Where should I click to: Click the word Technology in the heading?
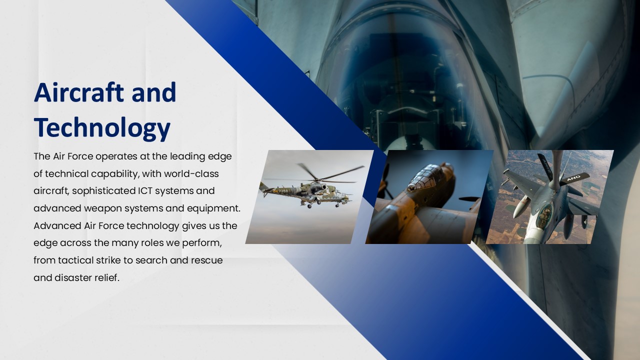coord(102,128)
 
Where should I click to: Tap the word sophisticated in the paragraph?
coord(105,191)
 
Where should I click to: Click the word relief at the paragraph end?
coord(107,278)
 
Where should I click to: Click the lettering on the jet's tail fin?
coord(573,178)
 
